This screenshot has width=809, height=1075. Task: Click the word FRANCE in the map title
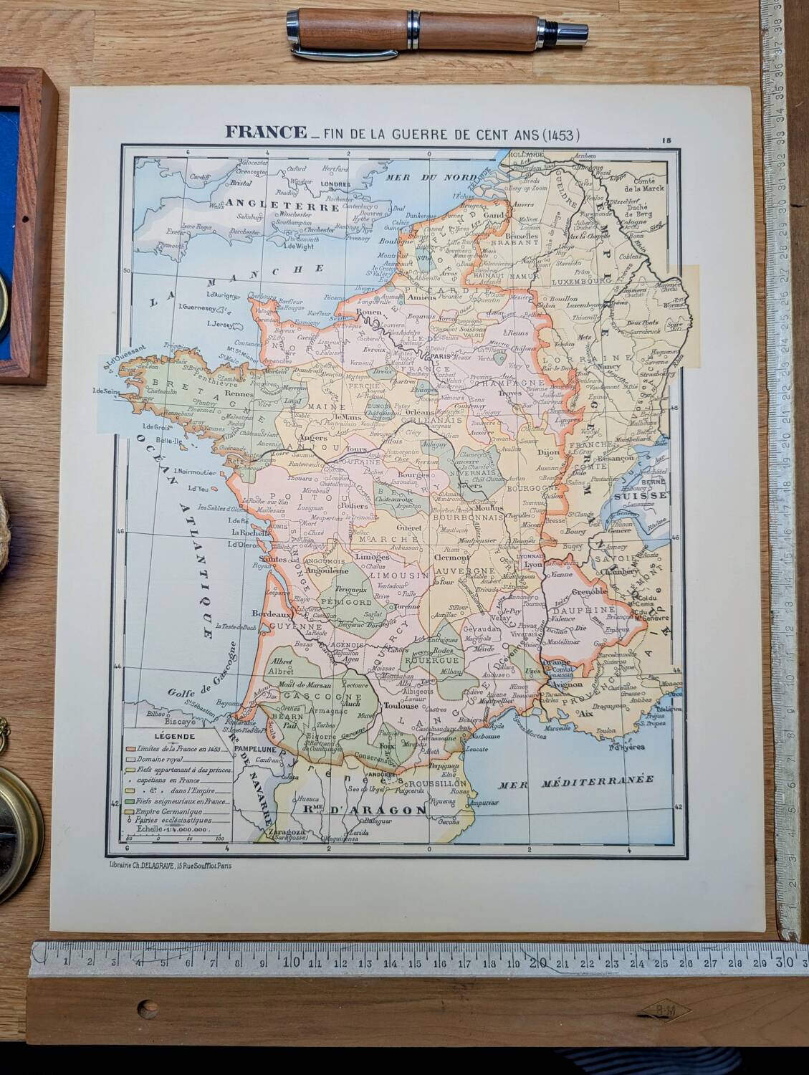click(x=262, y=133)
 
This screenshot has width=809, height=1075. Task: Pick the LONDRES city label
click(x=336, y=183)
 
